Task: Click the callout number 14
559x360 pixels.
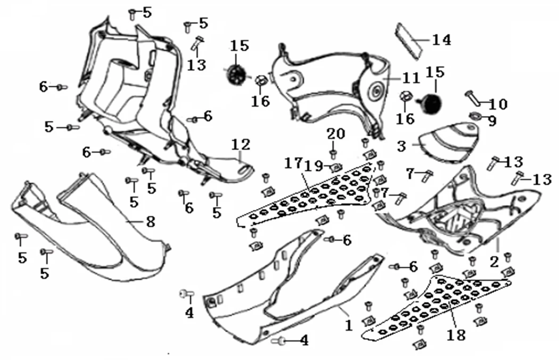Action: click(441, 39)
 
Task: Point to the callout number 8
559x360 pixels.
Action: click(151, 221)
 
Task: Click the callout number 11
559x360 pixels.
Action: click(410, 79)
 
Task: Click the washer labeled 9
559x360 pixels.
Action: click(474, 116)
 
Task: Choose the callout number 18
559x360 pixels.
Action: click(456, 335)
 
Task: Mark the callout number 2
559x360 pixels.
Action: click(494, 261)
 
